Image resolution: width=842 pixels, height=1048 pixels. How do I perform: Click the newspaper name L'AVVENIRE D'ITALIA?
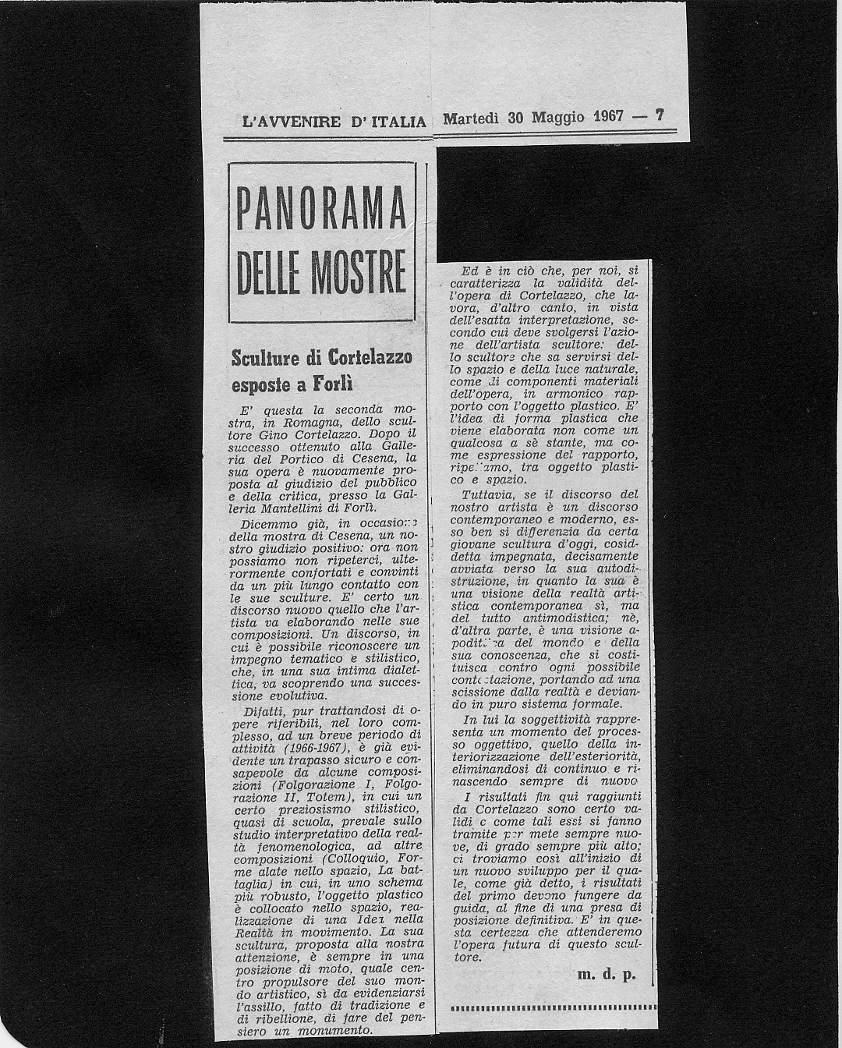(x=334, y=122)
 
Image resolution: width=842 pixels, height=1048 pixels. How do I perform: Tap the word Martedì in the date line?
(x=472, y=118)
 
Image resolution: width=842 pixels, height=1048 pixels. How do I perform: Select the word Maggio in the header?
(x=557, y=118)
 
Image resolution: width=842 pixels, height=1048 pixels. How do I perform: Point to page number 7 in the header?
(x=660, y=116)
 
